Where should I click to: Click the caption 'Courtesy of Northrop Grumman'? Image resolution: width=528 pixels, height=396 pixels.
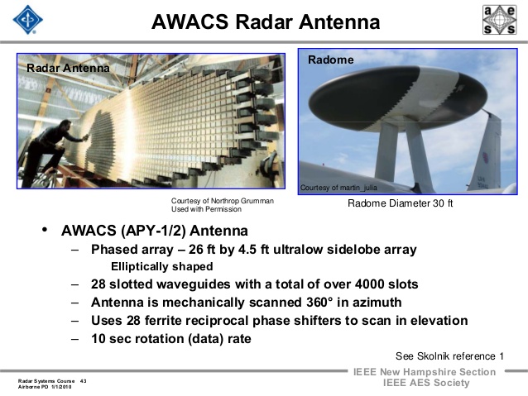[222, 201]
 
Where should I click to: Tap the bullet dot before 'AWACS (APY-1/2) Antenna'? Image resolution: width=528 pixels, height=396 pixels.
[45, 229]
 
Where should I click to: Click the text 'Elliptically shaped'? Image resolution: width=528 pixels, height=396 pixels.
[162, 266]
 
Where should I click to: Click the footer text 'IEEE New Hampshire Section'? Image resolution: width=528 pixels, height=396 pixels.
[425, 372]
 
